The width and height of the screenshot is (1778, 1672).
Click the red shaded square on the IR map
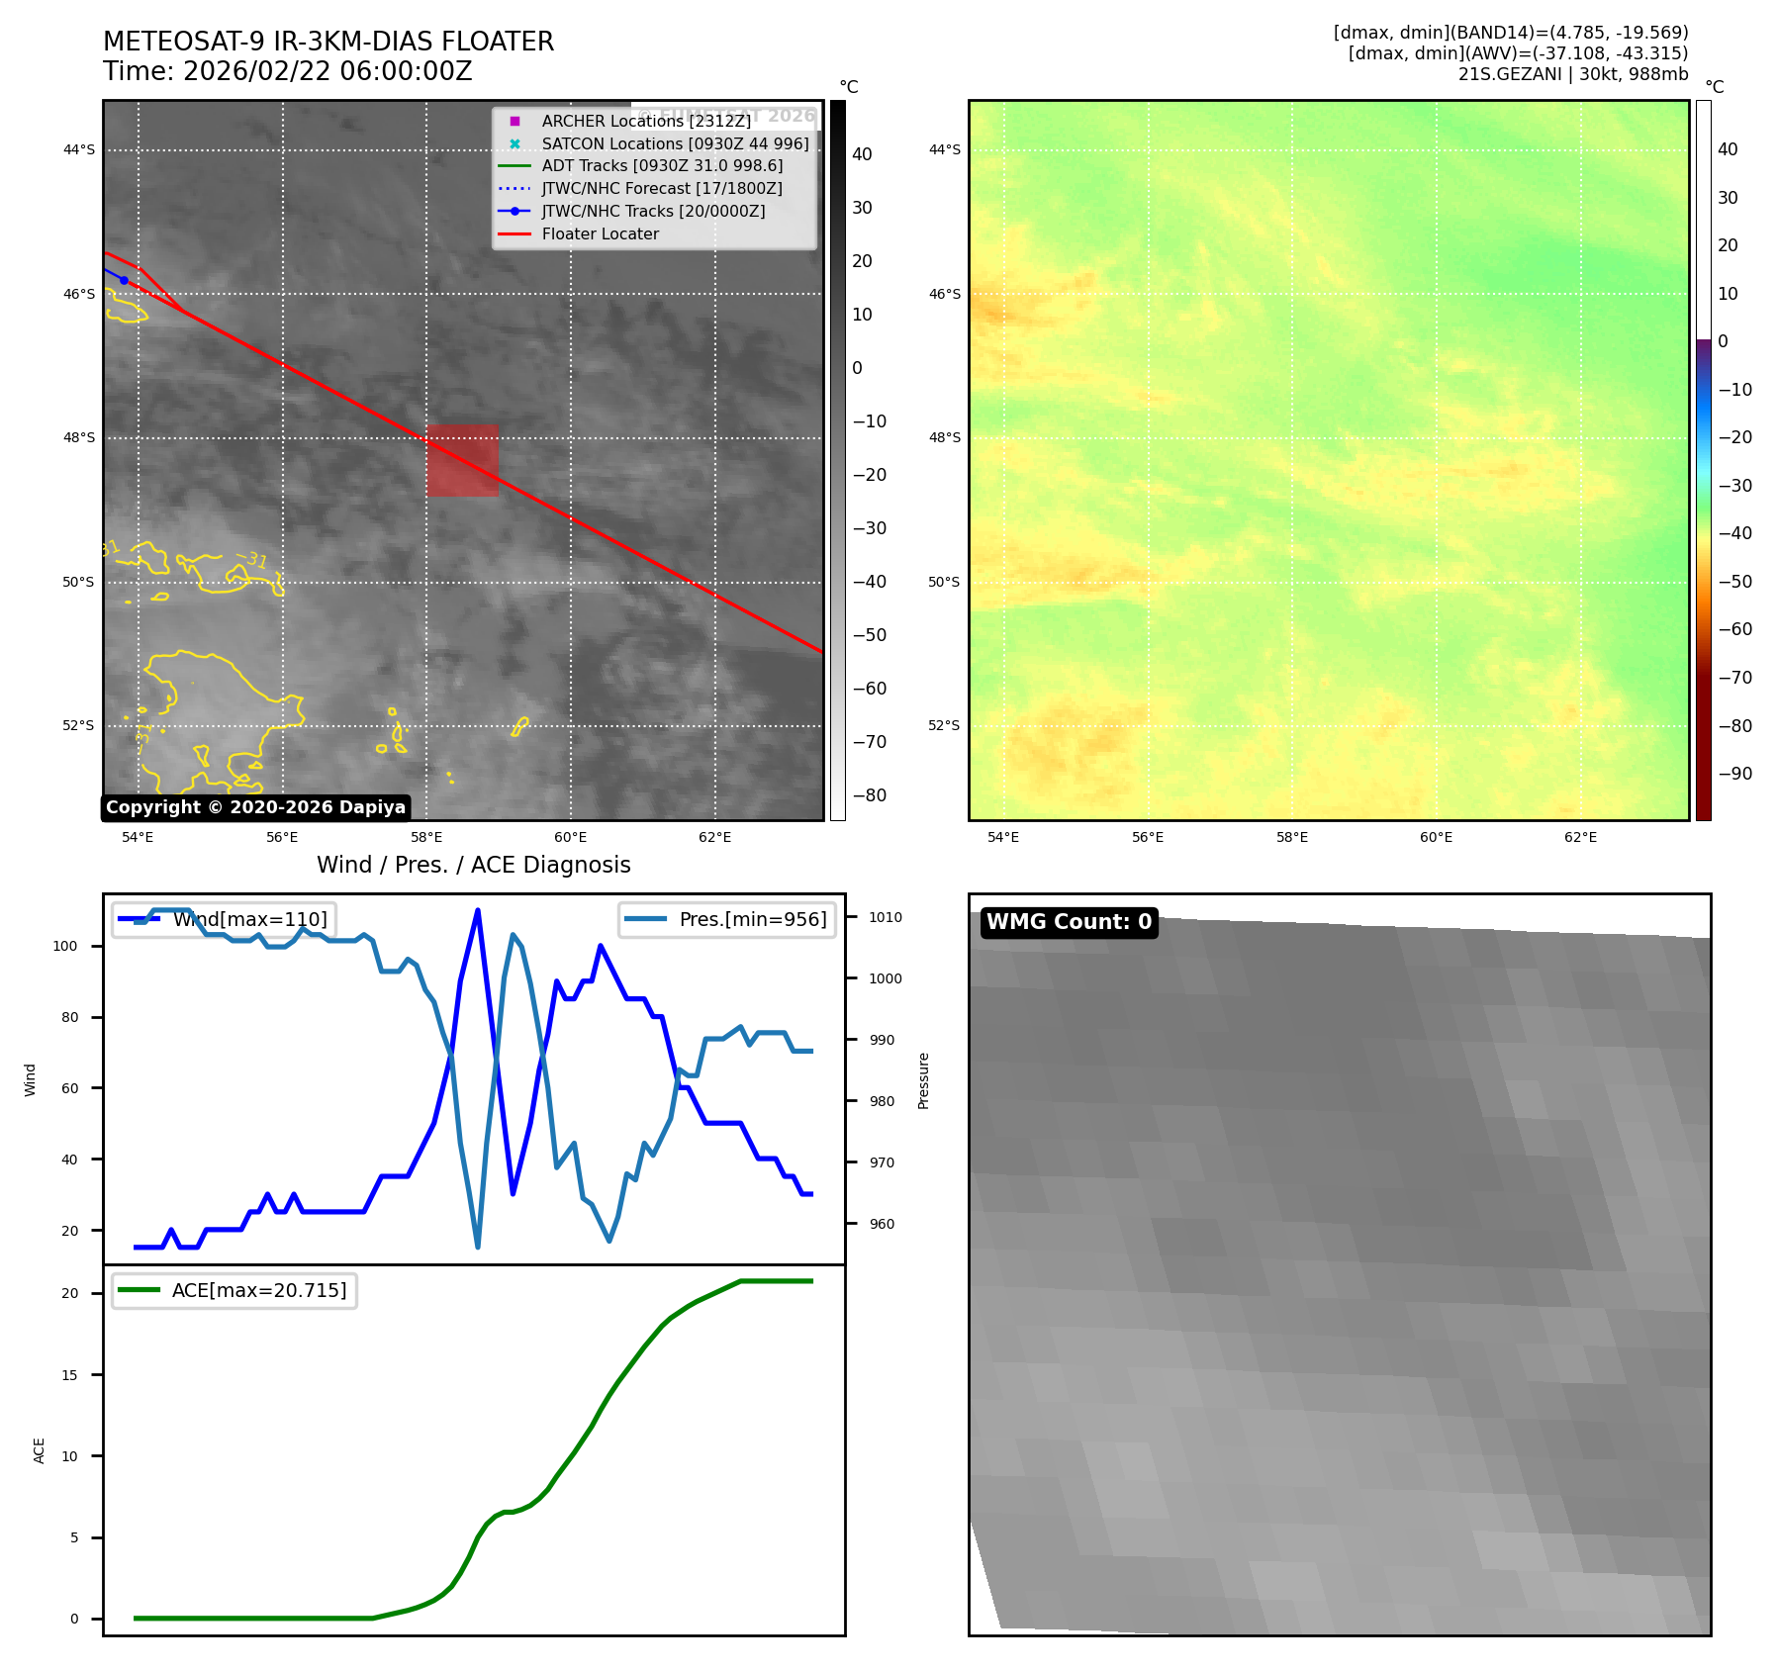click(462, 460)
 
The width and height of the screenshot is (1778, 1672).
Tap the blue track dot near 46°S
click(124, 280)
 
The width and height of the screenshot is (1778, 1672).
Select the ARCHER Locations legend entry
click(646, 121)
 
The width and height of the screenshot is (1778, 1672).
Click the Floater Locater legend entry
click(600, 234)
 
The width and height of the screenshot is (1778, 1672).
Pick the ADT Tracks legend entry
click(662, 166)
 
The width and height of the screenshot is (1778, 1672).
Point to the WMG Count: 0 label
click(1069, 922)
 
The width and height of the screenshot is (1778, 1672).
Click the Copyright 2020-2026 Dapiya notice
click(255, 807)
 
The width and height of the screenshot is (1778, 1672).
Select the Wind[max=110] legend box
click(224, 919)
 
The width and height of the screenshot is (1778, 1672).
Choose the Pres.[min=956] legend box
click(727, 919)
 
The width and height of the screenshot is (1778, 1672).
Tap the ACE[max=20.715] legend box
click(234, 1290)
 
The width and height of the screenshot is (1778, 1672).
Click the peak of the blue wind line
click(478, 910)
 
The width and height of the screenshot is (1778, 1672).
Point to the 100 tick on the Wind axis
click(65, 946)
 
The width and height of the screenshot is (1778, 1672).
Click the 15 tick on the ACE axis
click(69, 1375)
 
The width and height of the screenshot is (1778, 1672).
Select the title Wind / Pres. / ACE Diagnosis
click(473, 865)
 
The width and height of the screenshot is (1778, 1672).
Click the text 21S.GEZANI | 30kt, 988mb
click(1573, 74)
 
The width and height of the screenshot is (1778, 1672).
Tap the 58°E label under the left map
click(426, 838)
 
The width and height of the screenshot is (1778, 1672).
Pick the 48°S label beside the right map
click(944, 437)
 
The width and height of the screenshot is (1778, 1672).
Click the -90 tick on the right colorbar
click(1734, 774)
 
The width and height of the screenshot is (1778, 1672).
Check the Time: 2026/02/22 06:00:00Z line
click(288, 72)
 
